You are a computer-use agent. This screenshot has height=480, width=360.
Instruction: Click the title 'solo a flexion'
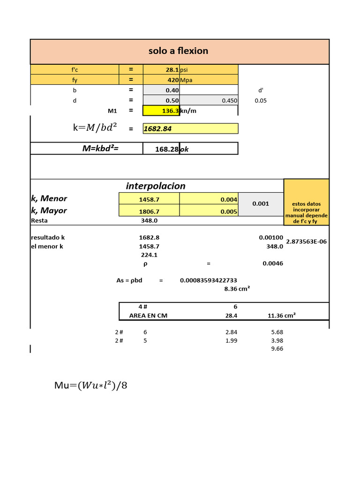pos(178,51)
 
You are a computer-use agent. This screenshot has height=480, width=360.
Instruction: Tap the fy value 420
pos(172,80)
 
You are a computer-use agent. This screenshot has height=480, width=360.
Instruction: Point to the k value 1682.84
pos(157,128)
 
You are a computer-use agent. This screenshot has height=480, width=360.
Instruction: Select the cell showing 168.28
pos(166,149)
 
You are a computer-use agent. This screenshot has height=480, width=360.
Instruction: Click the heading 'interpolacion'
pos(156,186)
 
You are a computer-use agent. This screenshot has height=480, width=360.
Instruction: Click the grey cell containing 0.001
pos(260,203)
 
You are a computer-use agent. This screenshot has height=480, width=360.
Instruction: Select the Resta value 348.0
pos(149,220)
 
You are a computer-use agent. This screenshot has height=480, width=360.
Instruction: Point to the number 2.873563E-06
pos(307,242)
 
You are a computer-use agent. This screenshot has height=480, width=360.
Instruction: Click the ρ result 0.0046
pos(272,263)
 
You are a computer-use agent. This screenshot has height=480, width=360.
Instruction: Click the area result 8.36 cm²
pos(237,289)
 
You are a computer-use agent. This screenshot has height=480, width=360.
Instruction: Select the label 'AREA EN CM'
pos(148,315)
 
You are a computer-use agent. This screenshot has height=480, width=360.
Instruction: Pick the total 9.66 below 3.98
pos(277,349)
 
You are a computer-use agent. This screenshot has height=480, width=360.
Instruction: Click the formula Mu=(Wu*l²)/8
pos(91,386)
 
